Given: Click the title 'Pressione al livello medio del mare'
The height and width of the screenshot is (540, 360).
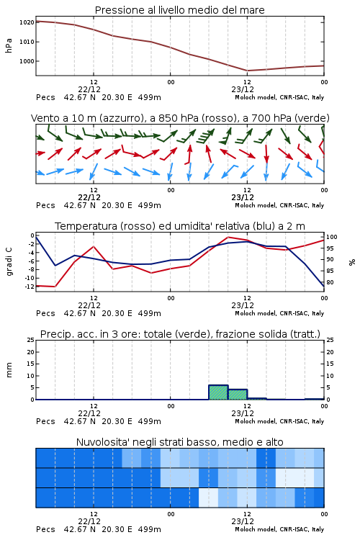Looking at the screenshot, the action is [179, 10].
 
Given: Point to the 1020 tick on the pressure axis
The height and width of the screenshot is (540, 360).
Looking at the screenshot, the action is [27, 22].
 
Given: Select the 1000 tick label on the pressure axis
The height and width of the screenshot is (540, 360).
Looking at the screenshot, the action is [27, 61].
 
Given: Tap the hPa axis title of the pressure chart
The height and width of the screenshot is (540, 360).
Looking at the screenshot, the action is [9, 45].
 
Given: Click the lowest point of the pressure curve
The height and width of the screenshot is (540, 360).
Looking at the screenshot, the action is [248, 71].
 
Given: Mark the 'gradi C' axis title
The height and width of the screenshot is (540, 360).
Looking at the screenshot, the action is [9, 261].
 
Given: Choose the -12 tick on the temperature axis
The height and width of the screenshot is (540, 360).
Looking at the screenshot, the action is [30, 287].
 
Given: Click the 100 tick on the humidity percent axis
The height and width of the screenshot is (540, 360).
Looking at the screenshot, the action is [332, 237].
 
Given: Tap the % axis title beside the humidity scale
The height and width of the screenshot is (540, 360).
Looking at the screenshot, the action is [352, 262].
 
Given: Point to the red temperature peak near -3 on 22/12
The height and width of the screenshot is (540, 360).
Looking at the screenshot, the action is [94, 246].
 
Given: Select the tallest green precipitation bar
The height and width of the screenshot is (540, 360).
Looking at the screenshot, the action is [218, 392].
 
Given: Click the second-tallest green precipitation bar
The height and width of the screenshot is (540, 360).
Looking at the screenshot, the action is [238, 395].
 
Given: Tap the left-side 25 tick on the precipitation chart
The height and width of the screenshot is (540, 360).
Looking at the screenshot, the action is [31, 340].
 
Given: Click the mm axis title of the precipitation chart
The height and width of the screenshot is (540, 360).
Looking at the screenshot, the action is [9, 370].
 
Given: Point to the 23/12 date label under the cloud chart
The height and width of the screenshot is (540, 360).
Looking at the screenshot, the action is [243, 521].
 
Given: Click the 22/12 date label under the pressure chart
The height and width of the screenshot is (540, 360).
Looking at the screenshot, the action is [89, 89].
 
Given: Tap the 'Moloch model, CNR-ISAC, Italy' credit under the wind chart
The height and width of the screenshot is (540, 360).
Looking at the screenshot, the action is [279, 205].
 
